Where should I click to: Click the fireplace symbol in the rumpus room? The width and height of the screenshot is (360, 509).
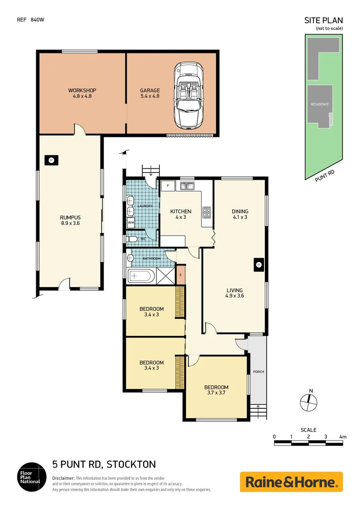[51, 160]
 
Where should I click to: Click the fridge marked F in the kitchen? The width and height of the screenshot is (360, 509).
[168, 186]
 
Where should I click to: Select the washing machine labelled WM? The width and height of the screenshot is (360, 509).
[131, 222]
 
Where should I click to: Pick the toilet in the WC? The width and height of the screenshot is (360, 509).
[132, 240]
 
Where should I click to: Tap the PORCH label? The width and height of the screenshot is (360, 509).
[258, 372]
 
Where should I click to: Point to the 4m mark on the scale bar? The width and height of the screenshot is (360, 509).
[343, 437]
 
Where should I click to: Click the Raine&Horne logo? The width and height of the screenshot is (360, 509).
[291, 482]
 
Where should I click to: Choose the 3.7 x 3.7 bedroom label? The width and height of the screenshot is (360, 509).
[217, 390]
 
